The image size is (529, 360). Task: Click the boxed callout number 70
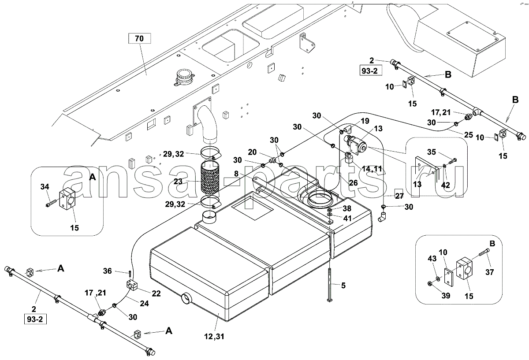point(139,38)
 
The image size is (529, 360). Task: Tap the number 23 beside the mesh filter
point(178,181)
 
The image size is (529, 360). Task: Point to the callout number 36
point(108,271)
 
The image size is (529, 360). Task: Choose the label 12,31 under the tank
point(214,336)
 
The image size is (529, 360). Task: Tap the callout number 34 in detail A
point(45,187)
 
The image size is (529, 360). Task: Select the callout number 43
point(432,259)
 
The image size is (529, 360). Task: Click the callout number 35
point(432,152)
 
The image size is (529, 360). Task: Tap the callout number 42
point(445,185)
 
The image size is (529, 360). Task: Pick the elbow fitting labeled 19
point(348,130)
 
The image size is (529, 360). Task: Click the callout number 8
point(236,174)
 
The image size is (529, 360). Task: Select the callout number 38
point(346,208)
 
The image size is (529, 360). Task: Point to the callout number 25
point(469,135)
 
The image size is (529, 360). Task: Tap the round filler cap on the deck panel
point(184,77)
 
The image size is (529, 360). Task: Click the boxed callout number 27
point(399,196)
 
